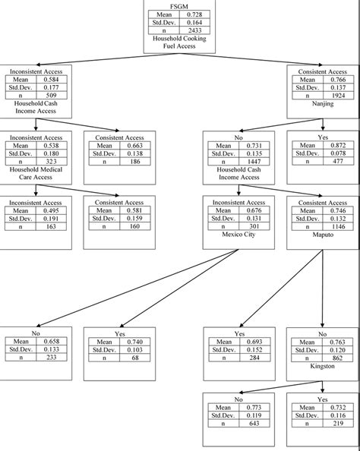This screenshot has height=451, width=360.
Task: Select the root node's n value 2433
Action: click(x=194, y=30)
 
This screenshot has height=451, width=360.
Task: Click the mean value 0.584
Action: click(x=52, y=79)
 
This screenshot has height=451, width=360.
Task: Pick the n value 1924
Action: click(x=334, y=96)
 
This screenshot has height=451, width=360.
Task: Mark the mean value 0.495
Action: click(x=52, y=210)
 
